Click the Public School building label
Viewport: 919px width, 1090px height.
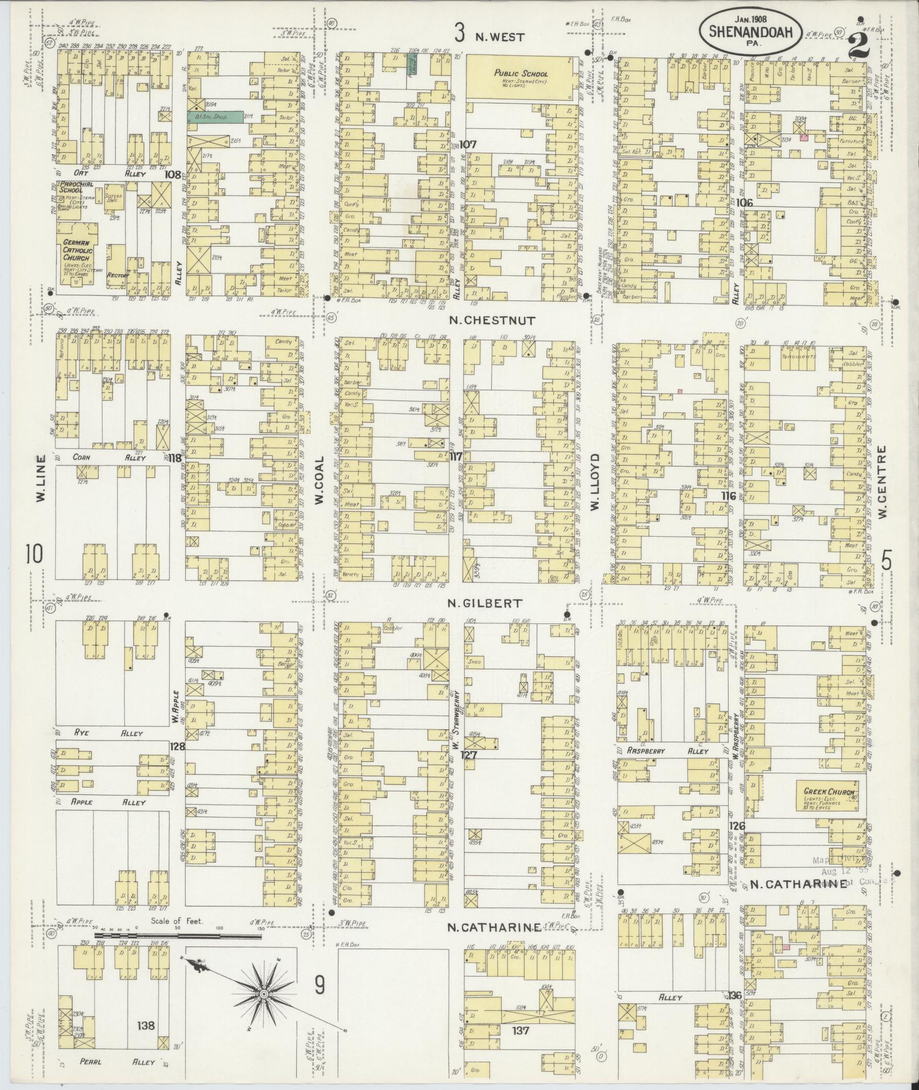(521, 74)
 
